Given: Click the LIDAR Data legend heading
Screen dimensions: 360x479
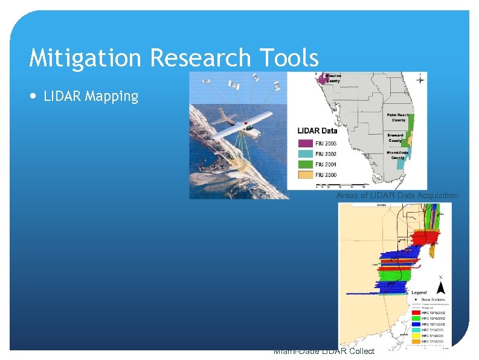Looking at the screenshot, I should click(317, 130).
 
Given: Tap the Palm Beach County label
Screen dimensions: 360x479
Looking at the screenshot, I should click(397, 117).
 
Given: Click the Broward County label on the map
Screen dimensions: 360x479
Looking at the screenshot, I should click(395, 138).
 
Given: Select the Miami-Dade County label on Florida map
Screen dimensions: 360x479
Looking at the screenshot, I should click(397, 155).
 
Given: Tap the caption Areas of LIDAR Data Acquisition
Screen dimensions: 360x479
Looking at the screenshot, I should click(397, 196).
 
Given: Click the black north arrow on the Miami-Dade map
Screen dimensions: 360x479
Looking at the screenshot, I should click(442, 288).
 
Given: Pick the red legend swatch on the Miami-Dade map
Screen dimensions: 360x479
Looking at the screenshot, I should click(417, 312).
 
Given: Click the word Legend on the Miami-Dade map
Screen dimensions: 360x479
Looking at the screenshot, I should click(419, 292).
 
